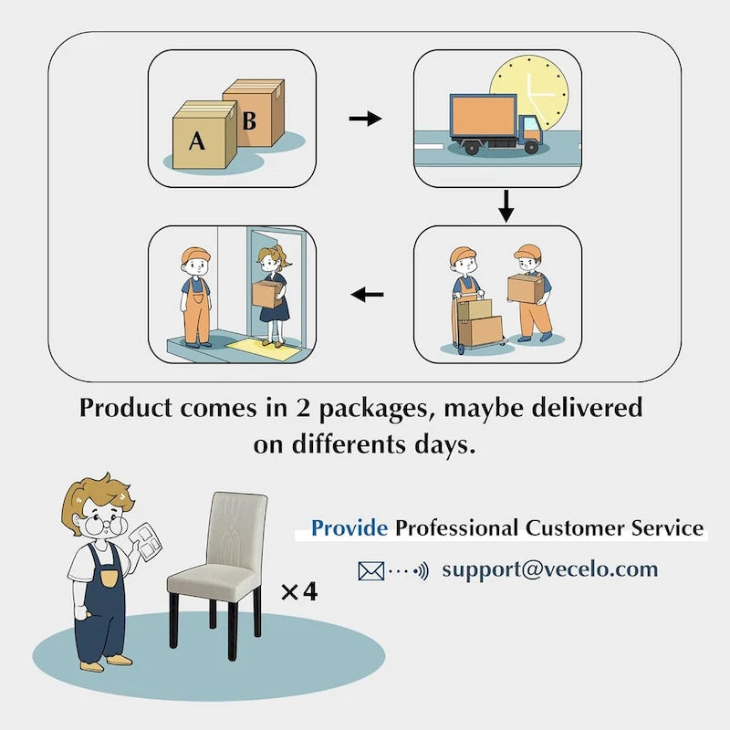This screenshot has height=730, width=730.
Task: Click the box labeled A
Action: (x=203, y=139)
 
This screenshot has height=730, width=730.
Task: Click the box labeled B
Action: (x=254, y=114)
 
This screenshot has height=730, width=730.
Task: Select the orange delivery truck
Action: (x=493, y=123)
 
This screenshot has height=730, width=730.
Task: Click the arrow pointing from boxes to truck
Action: (x=365, y=119)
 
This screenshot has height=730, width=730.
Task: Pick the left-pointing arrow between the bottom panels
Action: (x=368, y=294)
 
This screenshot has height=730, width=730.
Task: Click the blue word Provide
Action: (x=350, y=527)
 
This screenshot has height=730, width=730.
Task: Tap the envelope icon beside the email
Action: (x=371, y=571)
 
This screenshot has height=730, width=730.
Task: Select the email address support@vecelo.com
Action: (x=549, y=569)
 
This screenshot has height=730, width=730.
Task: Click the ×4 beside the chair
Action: (x=298, y=592)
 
